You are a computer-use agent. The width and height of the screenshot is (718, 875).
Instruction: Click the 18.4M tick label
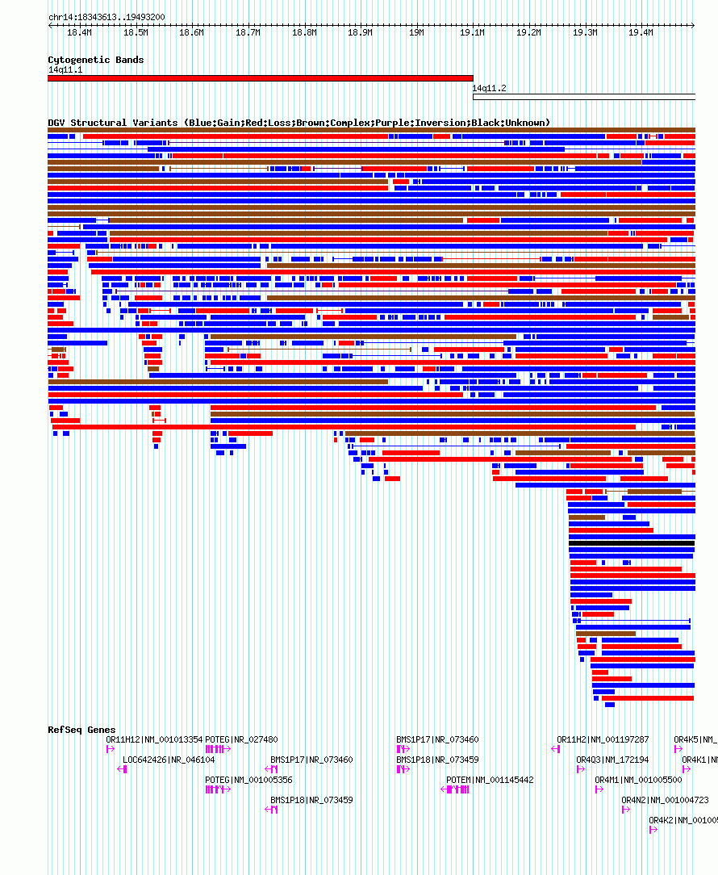[79, 32]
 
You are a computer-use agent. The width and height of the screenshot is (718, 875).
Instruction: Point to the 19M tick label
[416, 32]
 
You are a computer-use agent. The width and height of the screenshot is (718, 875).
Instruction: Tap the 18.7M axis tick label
[248, 32]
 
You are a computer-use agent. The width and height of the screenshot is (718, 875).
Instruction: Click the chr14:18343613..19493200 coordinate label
[106, 17]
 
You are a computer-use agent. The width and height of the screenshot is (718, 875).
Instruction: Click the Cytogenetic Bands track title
[95, 60]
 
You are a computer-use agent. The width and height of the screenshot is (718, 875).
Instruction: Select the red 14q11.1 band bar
[260, 78]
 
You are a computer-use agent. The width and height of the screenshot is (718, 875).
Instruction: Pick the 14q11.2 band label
[489, 89]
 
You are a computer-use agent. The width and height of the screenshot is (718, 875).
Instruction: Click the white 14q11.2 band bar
[583, 97]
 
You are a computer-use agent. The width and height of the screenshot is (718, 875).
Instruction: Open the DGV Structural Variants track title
[298, 123]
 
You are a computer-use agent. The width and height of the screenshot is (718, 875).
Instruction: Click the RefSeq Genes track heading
[81, 730]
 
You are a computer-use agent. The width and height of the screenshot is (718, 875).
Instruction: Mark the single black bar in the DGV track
[631, 543]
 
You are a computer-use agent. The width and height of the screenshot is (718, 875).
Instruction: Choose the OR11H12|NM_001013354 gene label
[154, 739]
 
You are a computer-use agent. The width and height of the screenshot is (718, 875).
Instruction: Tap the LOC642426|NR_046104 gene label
[169, 760]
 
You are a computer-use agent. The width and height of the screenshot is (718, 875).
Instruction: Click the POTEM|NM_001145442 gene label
[490, 780]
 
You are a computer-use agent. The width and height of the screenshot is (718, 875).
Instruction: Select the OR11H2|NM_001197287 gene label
[603, 739]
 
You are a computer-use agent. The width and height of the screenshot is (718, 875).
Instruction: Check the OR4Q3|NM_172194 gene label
[612, 760]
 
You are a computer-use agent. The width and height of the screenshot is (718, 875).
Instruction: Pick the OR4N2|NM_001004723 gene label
[665, 800]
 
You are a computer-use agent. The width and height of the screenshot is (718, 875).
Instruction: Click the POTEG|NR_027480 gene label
[241, 739]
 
